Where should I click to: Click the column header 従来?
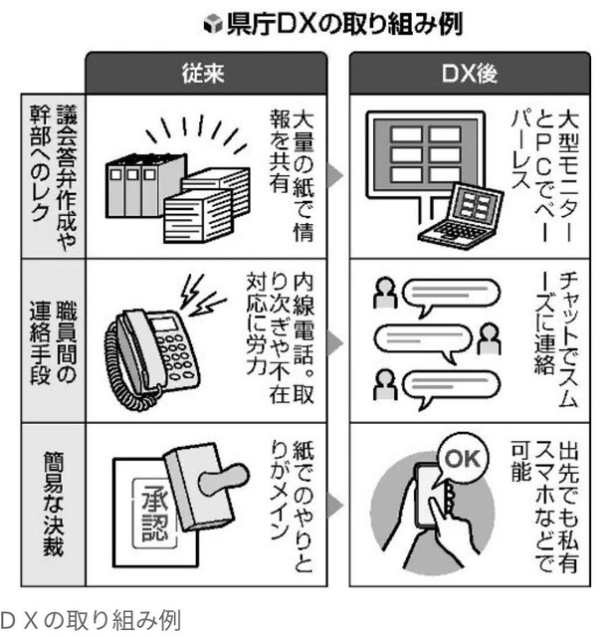[203, 74]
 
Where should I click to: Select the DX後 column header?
[470, 74]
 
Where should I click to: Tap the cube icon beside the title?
[213, 24]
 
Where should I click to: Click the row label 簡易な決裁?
[53, 505]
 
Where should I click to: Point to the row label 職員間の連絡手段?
[53, 342]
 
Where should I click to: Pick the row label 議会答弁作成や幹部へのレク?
[53, 175]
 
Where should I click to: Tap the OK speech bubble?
[463, 458]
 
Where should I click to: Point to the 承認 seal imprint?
[155, 513]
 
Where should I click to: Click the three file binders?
[145, 185]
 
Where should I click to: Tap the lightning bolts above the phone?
[202, 295]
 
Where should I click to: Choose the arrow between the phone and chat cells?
[335, 342]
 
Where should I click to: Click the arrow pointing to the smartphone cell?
[335, 506]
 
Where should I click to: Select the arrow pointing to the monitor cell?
[335, 175]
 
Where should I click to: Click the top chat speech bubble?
[451, 295]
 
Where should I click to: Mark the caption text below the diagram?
[91, 620]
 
